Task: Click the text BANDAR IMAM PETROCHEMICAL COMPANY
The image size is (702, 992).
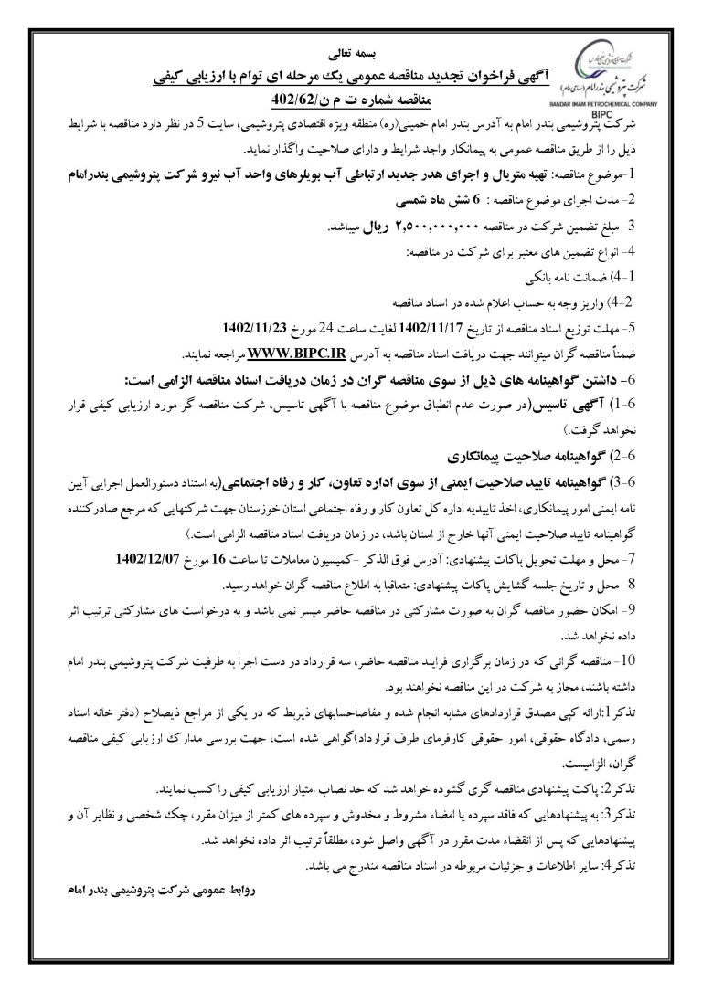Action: pyautogui.click(x=613, y=94)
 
